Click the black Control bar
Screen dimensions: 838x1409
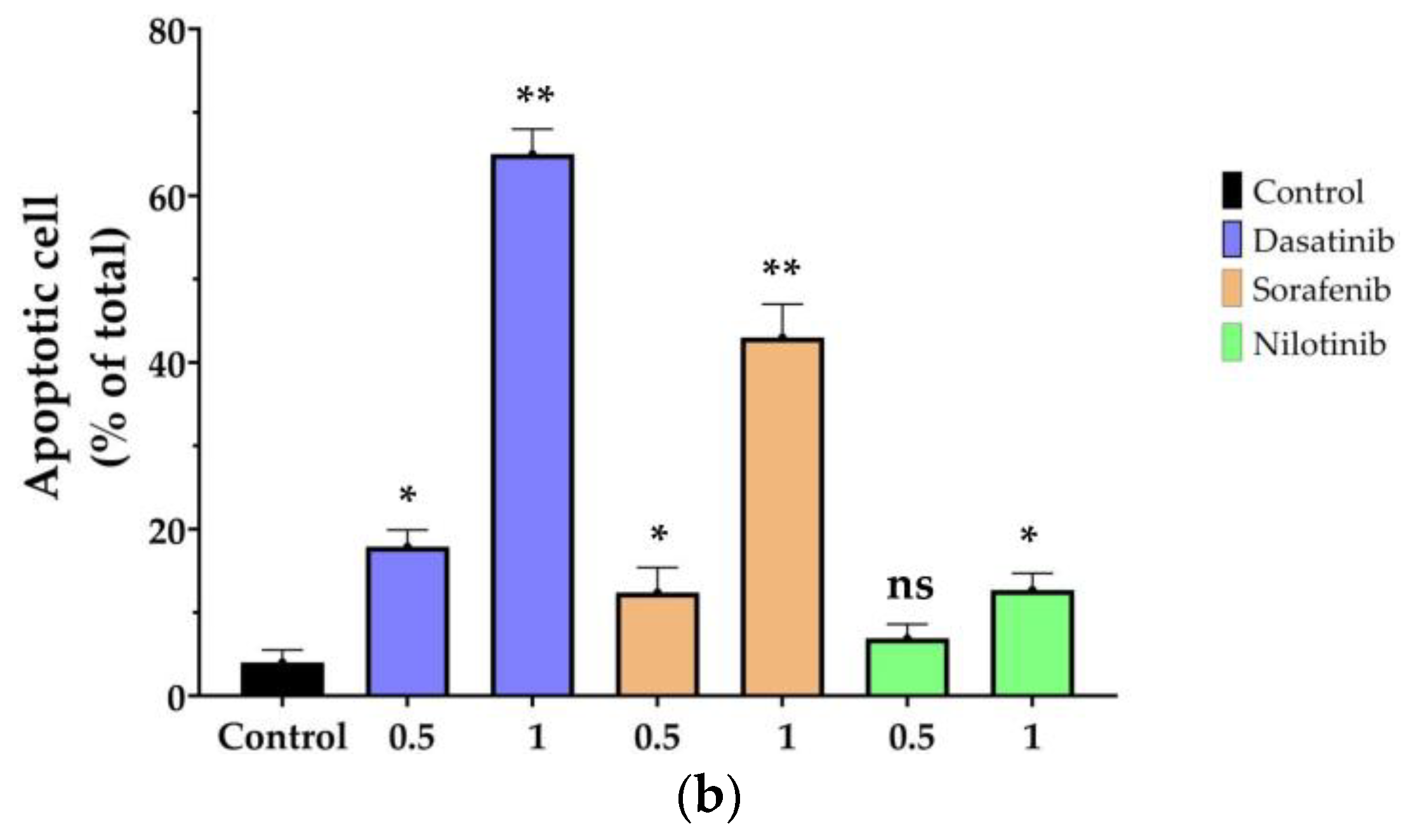(282, 679)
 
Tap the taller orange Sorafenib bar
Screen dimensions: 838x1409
(782, 517)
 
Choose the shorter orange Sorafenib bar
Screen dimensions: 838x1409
(657, 644)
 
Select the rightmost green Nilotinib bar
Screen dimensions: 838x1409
(1032, 642)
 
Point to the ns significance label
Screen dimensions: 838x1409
(910, 587)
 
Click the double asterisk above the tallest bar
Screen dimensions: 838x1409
(535, 97)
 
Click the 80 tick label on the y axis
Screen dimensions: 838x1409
(167, 32)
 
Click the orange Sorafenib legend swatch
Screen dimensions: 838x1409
(1231, 289)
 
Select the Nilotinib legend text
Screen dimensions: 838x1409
(1318, 345)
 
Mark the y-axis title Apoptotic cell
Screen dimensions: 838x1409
(43, 346)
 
